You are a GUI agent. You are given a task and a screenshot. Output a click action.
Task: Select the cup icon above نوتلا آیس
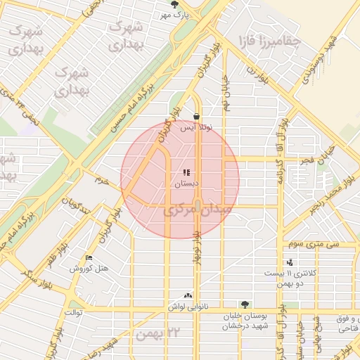tap(195, 117)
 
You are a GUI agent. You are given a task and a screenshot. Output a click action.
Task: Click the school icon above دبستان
tap(186, 172)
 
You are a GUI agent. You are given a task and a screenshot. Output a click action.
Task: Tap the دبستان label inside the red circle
tap(186, 184)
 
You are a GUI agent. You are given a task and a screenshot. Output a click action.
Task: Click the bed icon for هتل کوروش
tap(88, 257)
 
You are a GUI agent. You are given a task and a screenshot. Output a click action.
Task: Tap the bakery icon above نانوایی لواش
tap(187, 296)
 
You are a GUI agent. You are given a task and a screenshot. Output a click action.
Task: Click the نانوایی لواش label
tap(185, 307)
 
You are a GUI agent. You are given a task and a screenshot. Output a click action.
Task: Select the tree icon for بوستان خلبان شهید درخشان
tap(244, 304)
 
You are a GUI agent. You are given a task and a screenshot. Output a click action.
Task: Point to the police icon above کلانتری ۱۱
tap(290, 262)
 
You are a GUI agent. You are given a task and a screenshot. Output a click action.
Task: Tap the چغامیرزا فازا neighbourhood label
tap(270, 40)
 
